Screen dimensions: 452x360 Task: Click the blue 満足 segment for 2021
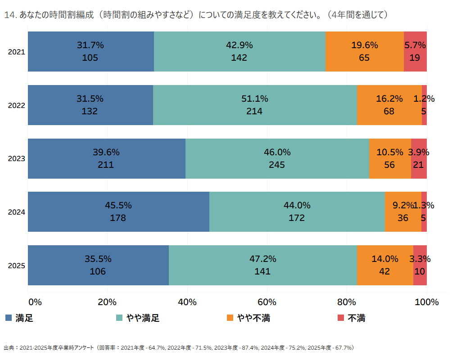tap(91, 52)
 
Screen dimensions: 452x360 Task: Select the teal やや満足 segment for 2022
tap(255, 105)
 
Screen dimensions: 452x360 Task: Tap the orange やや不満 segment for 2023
tap(390, 158)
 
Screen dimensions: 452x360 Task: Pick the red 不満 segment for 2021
tap(415, 52)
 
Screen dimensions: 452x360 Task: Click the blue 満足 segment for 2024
tap(118, 212)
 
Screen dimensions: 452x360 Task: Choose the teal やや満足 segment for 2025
tap(263, 265)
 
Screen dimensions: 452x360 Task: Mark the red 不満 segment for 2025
tap(420, 265)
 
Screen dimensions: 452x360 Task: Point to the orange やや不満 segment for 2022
tap(389, 105)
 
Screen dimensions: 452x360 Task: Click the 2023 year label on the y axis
tap(16, 159)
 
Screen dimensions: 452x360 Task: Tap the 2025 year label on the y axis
tap(16, 265)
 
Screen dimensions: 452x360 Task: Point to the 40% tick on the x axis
tap(187, 302)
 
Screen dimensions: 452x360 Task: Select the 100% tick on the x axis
tap(427, 302)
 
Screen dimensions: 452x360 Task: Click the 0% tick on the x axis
tap(35, 302)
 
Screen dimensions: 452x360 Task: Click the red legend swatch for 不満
tap(341, 318)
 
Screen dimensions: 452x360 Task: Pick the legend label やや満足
tap(143, 318)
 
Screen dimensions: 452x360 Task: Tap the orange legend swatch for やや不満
tap(230, 318)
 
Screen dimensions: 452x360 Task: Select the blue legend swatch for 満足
tap(9, 318)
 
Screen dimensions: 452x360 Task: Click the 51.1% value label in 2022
tap(255, 99)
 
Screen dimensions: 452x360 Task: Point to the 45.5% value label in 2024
tap(118, 205)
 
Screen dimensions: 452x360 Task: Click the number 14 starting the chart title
tap(9, 15)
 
